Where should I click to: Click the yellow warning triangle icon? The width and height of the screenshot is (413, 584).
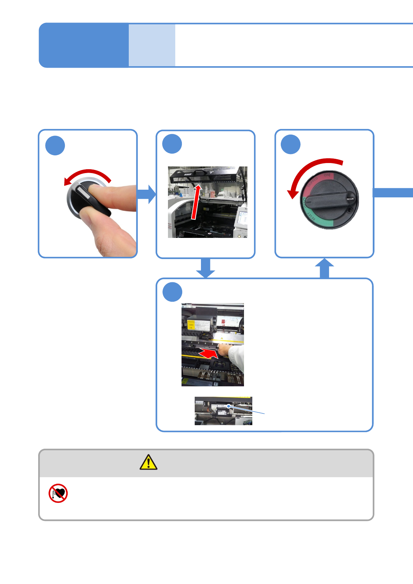pyautogui.click(x=149, y=462)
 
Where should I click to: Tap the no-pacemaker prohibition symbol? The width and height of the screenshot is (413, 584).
pyautogui.click(x=58, y=493)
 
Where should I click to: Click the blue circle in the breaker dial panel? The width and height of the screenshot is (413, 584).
pyautogui.click(x=290, y=144)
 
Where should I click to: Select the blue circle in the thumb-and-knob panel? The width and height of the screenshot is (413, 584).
pyautogui.click(x=55, y=146)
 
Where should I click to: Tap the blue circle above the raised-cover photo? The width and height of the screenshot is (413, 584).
pyautogui.click(x=172, y=144)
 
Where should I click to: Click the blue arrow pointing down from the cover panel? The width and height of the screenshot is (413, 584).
pyautogui.click(x=205, y=268)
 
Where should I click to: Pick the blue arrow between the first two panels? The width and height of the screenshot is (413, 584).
pyautogui.click(x=147, y=194)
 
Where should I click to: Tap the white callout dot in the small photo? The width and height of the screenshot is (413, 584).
pyautogui.click(x=229, y=406)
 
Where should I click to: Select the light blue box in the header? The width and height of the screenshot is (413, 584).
pyautogui.click(x=152, y=45)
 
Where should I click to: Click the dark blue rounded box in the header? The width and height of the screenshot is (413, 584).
pyautogui.click(x=84, y=45)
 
